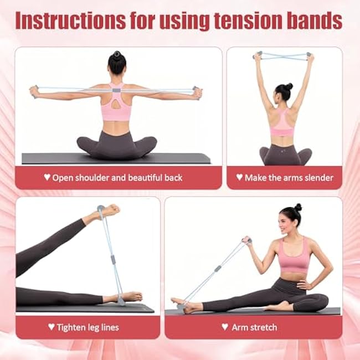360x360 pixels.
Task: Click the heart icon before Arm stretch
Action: coord(224,327)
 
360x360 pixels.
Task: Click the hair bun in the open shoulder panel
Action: coord(116,55)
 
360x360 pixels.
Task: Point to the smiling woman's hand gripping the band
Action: coord(246,241)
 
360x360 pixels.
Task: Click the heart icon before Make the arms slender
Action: coord(239,178)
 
